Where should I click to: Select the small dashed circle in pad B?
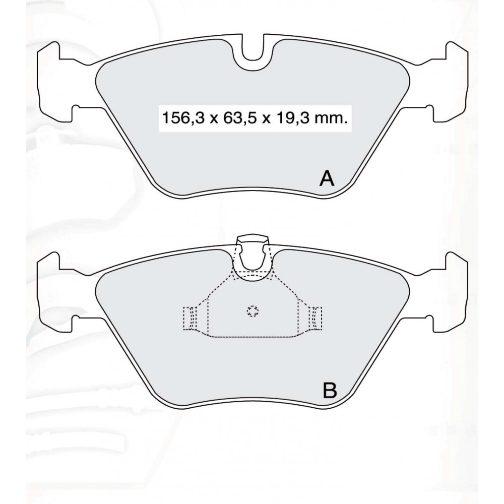[x=253, y=310]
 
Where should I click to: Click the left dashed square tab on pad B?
[x=190, y=318]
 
